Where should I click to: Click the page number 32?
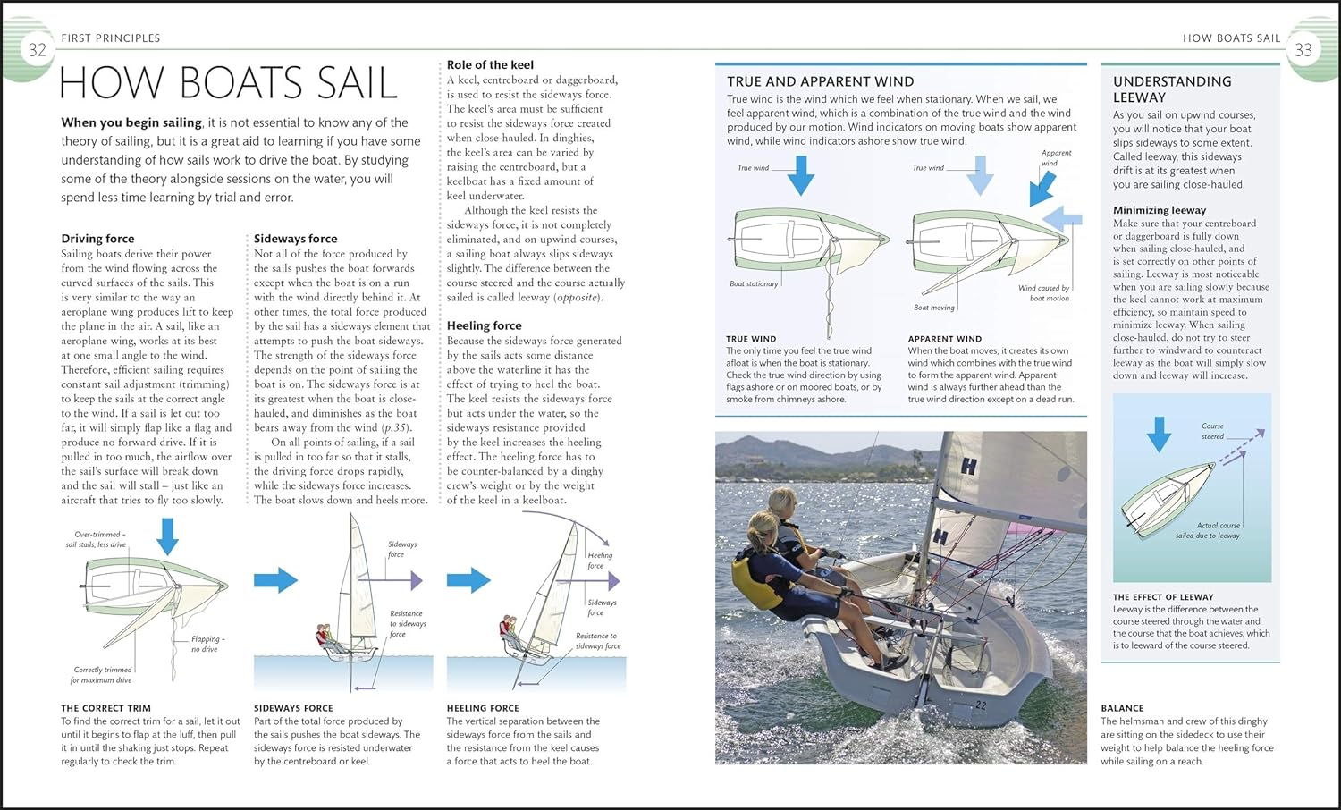coord(37,50)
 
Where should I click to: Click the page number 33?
coord(1303,50)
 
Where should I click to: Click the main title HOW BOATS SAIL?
coord(228,83)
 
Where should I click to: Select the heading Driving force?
coord(97,239)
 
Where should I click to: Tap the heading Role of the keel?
coord(490,64)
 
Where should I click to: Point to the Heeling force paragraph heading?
coord(484,325)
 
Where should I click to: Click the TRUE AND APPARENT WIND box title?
coord(820,81)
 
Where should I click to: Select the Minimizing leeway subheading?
coord(1159,210)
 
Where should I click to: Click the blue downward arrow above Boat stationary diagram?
coord(800,175)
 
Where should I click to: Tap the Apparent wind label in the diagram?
coord(1055,158)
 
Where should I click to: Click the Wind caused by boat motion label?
coord(1043,293)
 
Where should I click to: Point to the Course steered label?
coord(1212,431)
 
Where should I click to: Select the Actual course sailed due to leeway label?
coord(1207,531)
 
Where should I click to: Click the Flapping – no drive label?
coord(207,644)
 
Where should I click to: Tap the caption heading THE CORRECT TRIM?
coord(105,708)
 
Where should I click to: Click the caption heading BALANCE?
coord(1122,708)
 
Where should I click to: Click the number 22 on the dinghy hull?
coord(981,705)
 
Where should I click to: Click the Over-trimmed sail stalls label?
coord(97,539)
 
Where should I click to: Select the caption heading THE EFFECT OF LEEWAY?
coord(1162,597)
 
